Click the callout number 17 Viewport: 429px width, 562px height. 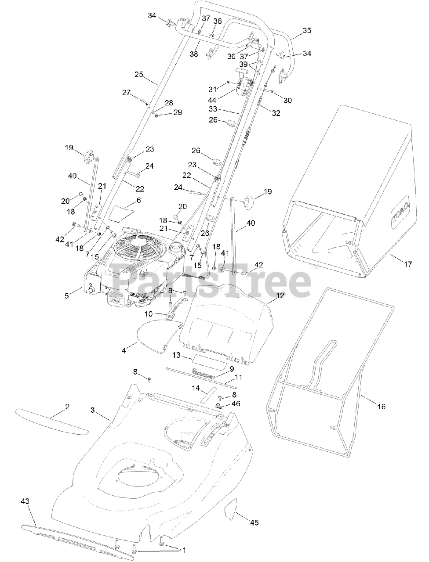[x=408, y=264]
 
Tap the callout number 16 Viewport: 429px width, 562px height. [x=381, y=407]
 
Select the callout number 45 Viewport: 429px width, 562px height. [x=254, y=522]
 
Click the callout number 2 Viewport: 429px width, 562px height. [x=67, y=407]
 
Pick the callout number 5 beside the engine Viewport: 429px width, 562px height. [x=67, y=295]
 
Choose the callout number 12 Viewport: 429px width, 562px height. [x=280, y=295]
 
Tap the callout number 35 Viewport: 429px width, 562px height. [x=307, y=30]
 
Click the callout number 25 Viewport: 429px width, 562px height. [x=139, y=75]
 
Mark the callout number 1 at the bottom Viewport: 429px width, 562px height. [x=184, y=549]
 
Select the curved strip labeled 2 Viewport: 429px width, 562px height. [x=51, y=421]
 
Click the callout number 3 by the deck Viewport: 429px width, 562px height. [x=93, y=410]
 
